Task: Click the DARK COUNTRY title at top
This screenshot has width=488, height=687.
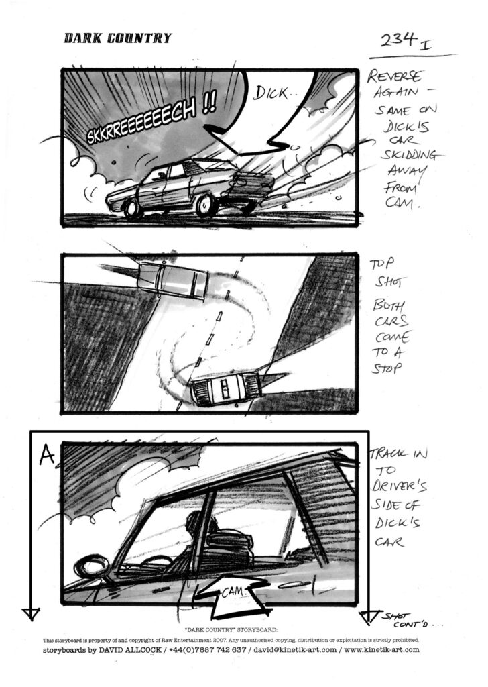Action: pos(118,38)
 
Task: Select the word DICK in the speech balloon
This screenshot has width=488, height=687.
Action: pos(271,93)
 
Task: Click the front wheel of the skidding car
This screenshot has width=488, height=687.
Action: pos(132,209)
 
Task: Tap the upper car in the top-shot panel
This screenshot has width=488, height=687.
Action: pos(172,280)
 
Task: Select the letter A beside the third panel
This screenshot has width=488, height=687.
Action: pos(46,456)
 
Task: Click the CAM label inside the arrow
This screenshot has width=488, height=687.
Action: pos(233,592)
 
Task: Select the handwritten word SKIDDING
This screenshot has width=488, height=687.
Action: pos(408,156)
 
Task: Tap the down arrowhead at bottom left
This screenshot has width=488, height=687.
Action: pos(31,614)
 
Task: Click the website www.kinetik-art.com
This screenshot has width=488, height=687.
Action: pos(381,650)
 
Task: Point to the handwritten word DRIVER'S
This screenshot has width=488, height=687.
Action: pos(399,486)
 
